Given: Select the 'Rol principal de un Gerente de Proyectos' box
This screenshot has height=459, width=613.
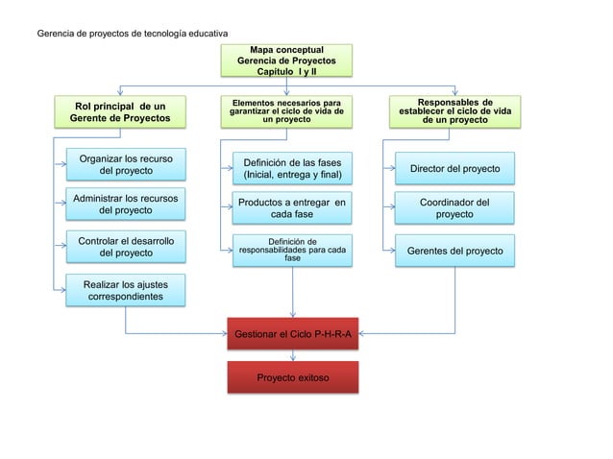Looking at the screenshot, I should pyautogui.click(x=120, y=111).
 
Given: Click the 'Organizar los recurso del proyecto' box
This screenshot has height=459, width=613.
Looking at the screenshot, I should pyautogui.click(x=126, y=164).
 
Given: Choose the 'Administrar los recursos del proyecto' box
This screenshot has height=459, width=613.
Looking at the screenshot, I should pyautogui.click(x=126, y=204).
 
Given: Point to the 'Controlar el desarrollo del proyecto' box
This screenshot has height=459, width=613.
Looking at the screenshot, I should pyautogui.click(x=126, y=246).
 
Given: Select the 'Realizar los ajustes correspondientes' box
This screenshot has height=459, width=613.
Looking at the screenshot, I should pyautogui.click(x=126, y=291).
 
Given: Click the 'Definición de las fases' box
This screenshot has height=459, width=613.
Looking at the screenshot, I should pyautogui.click(x=292, y=169).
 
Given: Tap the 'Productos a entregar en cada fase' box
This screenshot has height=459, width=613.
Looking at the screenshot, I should pyautogui.click(x=292, y=208).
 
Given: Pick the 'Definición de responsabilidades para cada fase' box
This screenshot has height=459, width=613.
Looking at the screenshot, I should pyautogui.click(x=292, y=250).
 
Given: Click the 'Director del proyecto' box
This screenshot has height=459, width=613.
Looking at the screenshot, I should pyautogui.click(x=454, y=169).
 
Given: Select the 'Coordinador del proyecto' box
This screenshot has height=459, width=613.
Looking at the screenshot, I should pyautogui.click(x=454, y=208).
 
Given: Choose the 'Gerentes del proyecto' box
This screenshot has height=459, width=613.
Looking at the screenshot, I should pyautogui.click(x=454, y=251).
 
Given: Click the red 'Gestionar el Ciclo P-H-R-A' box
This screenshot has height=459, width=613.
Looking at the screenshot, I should pyautogui.click(x=292, y=333).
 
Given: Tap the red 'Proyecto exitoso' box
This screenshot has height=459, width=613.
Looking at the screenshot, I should pyautogui.click(x=292, y=377).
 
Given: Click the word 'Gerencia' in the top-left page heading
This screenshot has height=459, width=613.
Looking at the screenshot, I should pyautogui.click(x=56, y=35).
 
